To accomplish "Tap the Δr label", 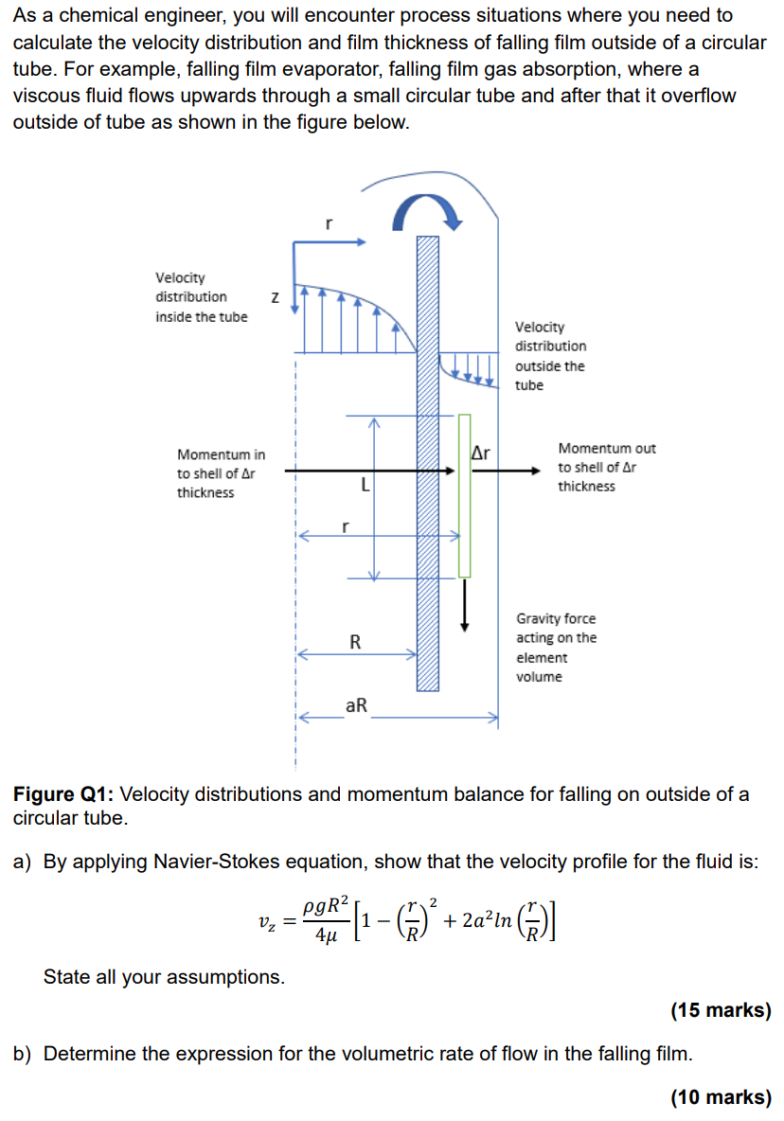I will (481, 454).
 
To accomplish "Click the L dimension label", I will (365, 486).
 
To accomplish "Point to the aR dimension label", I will (357, 705).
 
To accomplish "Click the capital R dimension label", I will (355, 642).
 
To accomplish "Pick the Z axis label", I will (275, 298).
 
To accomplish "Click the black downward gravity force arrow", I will (465, 606).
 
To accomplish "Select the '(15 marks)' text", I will (721, 1010).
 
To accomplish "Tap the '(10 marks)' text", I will (721, 1097).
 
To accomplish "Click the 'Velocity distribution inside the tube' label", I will (201, 296).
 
